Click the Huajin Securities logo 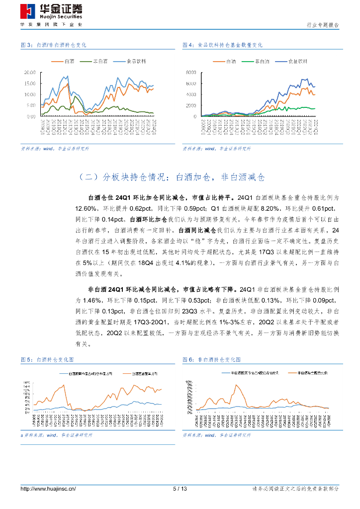coord(51,11)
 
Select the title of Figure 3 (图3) coord(54,45)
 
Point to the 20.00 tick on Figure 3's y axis coord(30,72)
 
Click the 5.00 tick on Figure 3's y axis coord(31,105)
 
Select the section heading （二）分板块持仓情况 coord(173,177)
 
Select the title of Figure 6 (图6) coord(214,359)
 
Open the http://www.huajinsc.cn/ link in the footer coord(48,489)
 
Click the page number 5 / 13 coord(180,489)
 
